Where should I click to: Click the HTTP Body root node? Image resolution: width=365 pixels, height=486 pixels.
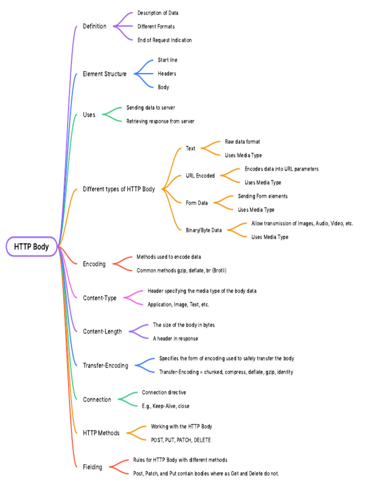coord(31,247)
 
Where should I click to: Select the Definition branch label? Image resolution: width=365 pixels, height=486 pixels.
coord(95,26)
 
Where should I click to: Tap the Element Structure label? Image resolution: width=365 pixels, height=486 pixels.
coord(105,74)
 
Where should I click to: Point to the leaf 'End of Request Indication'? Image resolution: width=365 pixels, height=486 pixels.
coord(164,40)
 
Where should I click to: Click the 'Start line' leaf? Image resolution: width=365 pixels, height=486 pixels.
coord(167,60)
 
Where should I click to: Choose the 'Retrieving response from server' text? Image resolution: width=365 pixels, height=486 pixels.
coord(160,121)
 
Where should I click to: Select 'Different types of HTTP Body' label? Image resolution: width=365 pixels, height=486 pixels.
coord(119,189)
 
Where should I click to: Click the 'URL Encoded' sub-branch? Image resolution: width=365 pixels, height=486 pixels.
coord(200,176)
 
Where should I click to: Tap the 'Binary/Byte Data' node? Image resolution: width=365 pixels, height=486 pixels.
coord(204,230)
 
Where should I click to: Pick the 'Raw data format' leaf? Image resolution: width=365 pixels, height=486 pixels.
coord(242,142)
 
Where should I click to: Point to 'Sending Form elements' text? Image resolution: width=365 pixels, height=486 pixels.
coord(262,196)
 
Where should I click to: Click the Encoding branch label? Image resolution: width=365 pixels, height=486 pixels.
coord(94,264)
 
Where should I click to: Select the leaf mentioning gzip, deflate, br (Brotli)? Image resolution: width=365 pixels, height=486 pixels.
coord(182,271)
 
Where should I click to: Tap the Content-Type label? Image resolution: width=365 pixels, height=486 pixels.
coord(99,298)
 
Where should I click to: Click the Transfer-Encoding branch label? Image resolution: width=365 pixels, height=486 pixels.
coord(106,365)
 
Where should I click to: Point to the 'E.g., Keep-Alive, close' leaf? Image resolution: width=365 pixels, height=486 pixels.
coord(165,406)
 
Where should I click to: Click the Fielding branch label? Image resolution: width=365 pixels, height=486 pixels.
coord(92,467)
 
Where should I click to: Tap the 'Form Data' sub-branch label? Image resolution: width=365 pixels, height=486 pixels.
coord(197,203)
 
